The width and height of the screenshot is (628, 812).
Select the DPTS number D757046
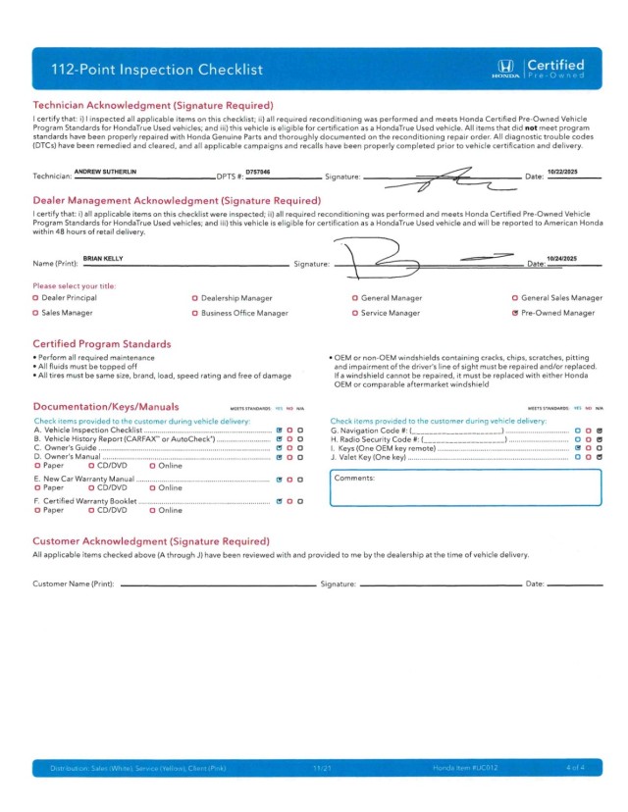[x=257, y=172]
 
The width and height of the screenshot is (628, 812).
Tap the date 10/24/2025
[x=562, y=258]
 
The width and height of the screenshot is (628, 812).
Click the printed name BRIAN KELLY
[x=103, y=258]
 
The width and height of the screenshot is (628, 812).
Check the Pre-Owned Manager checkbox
[x=515, y=313]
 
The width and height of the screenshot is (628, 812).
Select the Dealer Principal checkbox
[x=35, y=297]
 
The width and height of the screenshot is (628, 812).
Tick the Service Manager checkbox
[x=354, y=313]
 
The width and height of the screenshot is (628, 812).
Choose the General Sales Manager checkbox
[x=515, y=297]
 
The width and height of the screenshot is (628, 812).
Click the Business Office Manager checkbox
[x=194, y=313]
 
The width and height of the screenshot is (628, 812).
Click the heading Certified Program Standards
[x=102, y=344]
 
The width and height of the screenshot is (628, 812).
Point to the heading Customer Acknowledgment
[x=152, y=540]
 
